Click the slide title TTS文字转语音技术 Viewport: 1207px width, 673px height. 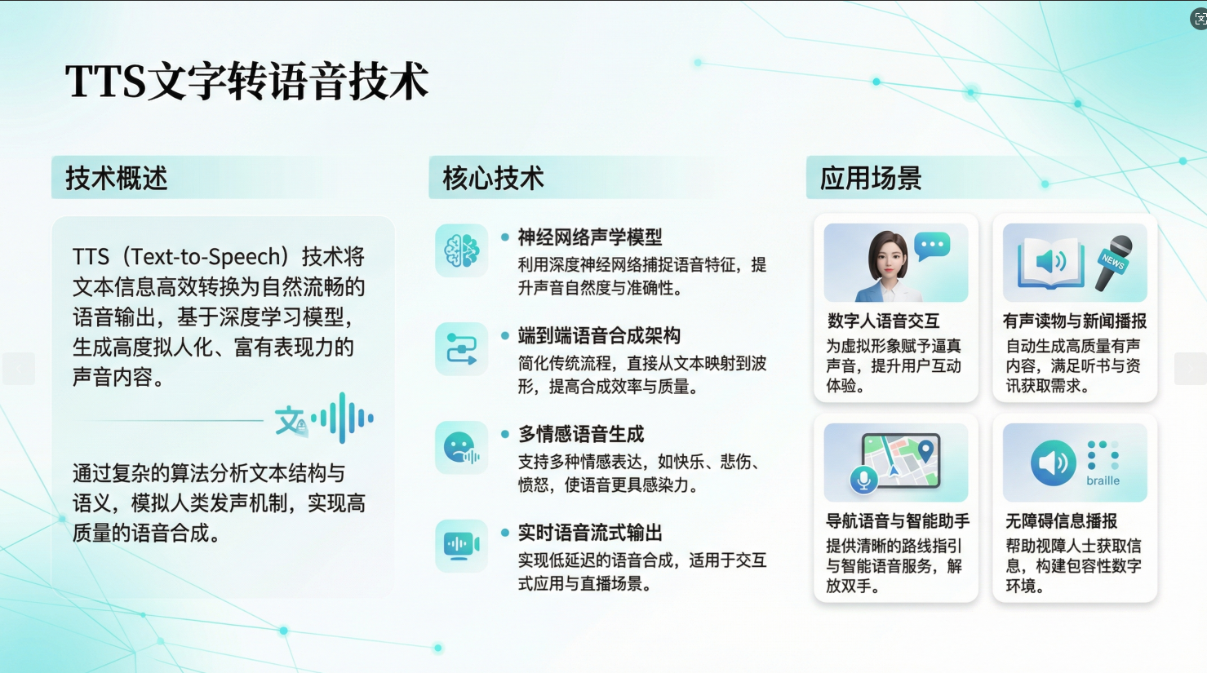pos(246,82)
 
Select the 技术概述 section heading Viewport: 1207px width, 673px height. pos(117,178)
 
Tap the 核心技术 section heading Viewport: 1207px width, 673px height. pos(493,178)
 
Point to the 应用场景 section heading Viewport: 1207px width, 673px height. pos(871,178)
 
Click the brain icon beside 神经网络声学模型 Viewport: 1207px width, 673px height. pos(461,251)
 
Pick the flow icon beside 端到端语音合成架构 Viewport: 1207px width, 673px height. pos(461,349)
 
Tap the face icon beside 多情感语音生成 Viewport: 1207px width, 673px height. pos(461,448)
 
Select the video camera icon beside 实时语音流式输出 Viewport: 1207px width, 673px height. pos(461,545)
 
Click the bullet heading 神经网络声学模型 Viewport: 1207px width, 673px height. pos(590,237)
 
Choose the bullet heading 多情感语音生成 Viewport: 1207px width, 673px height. pos(581,434)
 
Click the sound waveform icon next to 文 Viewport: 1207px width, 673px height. pos(346,418)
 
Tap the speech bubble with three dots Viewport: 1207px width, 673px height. pos(932,246)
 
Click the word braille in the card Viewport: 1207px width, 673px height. pos(1103,480)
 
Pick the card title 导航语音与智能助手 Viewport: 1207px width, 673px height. pos(898,520)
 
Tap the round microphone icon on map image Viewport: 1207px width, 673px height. pos(863,480)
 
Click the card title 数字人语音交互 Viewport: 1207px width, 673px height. pos(883,321)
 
